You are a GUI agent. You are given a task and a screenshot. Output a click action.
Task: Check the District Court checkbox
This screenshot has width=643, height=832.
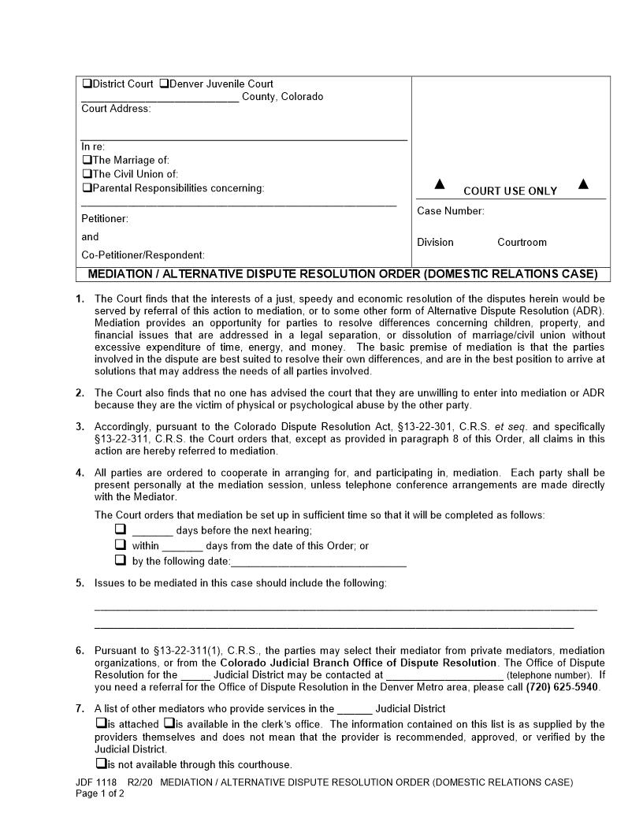pos(87,84)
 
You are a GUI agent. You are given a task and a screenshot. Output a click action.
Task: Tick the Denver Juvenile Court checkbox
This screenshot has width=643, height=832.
pos(164,84)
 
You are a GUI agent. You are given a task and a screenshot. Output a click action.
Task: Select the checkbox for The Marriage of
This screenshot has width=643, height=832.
pos(87,160)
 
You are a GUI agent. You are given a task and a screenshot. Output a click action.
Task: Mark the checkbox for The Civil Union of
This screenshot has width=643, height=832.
pos(87,174)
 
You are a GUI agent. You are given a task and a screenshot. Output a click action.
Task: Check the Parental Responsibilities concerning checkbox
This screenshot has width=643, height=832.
pos(87,188)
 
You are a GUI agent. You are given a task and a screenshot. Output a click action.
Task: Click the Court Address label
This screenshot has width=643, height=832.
pos(116,109)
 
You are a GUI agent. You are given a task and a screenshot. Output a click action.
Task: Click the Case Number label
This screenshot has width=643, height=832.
pos(451,211)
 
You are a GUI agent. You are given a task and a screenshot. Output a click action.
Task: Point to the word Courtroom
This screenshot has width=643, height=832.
pos(522,243)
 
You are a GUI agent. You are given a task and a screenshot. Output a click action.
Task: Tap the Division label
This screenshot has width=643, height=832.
pos(435,243)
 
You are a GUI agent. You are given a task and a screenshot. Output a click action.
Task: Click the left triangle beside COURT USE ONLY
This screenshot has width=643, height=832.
pos(440,184)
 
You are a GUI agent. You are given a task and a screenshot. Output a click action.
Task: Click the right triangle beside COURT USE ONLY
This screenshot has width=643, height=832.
pos(583,184)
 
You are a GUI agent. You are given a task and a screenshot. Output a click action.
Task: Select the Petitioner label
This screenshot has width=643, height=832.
pos(105,218)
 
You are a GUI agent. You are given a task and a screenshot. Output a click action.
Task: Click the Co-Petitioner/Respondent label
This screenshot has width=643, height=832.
pos(143,255)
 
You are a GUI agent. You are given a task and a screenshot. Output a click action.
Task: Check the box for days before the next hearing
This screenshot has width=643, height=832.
pos(121,529)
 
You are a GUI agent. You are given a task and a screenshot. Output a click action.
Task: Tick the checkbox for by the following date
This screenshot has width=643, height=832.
pos(121,560)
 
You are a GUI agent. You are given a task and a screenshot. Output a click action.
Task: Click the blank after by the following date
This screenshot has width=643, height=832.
pos(318,563)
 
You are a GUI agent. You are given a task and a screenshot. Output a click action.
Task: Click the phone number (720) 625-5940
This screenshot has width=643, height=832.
pos(562,687)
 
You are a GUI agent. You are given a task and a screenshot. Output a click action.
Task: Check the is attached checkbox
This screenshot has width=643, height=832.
pos(100,723)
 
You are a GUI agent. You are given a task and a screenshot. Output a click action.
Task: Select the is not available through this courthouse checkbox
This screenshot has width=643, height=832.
pos(100,763)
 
